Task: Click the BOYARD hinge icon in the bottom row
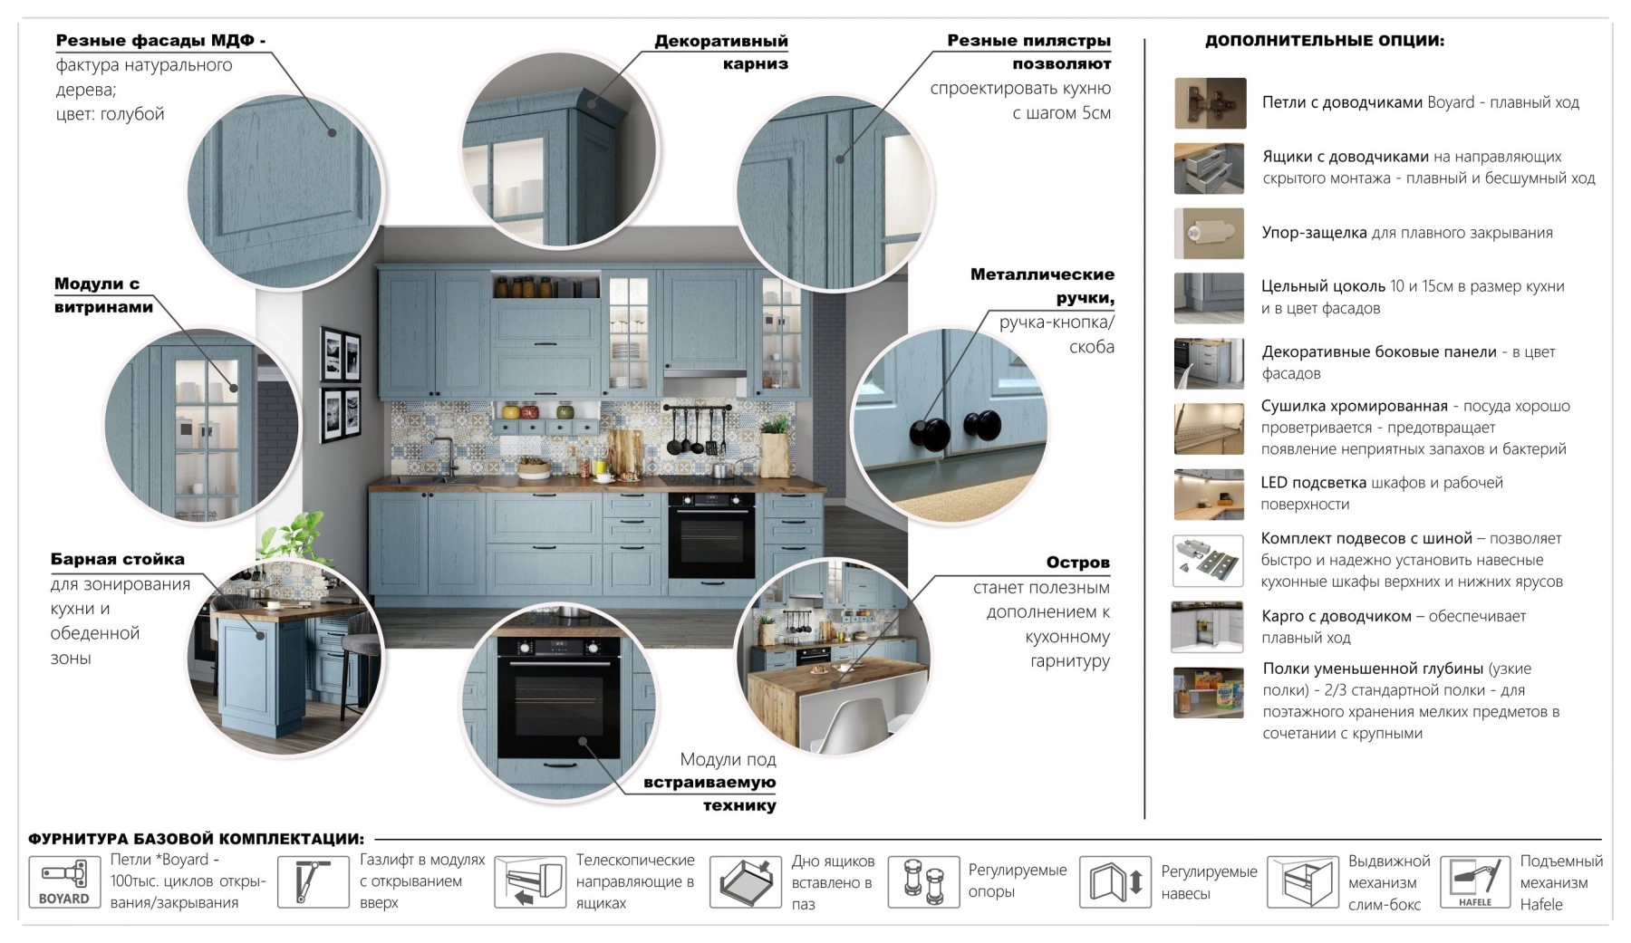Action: click(x=64, y=881)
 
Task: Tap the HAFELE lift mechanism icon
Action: click(x=1475, y=881)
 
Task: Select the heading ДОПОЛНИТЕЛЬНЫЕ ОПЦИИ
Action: click(x=1325, y=41)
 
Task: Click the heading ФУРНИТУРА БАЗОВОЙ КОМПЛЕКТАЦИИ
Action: click(x=197, y=839)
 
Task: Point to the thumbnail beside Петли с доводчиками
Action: click(x=1210, y=103)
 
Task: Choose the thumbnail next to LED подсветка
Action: click(x=1209, y=494)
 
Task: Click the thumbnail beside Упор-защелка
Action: click(x=1209, y=233)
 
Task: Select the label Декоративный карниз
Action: click(x=721, y=53)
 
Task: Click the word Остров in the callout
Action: click(x=1077, y=563)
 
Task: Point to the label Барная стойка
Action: click(x=118, y=559)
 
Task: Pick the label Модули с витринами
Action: click(x=103, y=295)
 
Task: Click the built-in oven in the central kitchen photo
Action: click(x=711, y=535)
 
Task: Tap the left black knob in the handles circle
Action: click(x=930, y=432)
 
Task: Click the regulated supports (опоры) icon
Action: click(x=923, y=881)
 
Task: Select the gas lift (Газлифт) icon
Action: click(x=313, y=881)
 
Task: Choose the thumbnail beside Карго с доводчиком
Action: click(x=1207, y=626)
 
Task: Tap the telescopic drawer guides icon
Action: click(x=530, y=881)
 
